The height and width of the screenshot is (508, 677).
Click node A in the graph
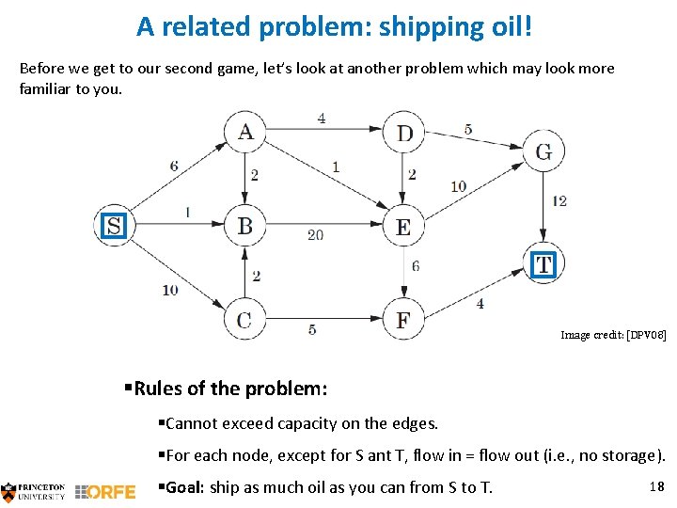(244, 132)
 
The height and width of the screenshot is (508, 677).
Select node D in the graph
(404, 133)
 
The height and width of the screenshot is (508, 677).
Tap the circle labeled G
(543, 151)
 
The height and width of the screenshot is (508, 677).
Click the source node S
(114, 226)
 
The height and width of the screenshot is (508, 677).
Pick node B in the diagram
(244, 226)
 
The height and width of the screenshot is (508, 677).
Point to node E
(403, 227)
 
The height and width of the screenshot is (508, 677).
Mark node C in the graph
(244, 320)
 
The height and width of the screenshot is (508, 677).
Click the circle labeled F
(403, 320)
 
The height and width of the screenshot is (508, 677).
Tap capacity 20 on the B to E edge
(315, 235)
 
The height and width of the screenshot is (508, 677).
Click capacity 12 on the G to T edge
(559, 200)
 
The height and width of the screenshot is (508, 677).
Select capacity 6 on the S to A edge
(174, 167)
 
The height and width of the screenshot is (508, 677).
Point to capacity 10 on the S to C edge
(169, 290)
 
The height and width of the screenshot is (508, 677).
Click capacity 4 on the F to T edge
(480, 303)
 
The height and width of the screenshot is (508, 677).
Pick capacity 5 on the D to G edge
(468, 130)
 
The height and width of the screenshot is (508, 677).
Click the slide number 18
(656, 485)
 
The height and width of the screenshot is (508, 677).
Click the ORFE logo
(105, 491)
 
